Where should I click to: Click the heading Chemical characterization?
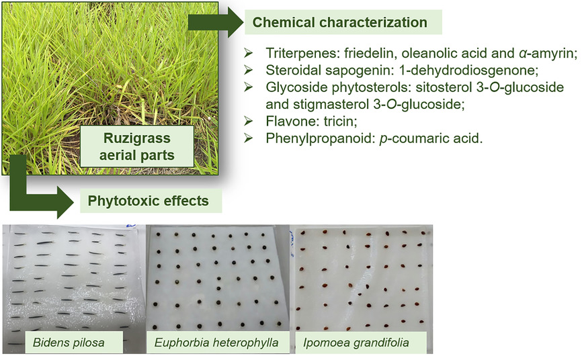[x=339, y=22]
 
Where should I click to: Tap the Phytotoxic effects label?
[x=148, y=201]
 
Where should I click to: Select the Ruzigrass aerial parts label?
[x=137, y=146]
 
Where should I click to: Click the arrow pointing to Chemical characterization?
[x=216, y=23]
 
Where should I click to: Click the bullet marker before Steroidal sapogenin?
[x=248, y=70]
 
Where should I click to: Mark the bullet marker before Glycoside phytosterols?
[x=248, y=87]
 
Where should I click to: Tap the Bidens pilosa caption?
[x=69, y=342]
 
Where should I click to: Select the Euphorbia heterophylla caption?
[x=216, y=342]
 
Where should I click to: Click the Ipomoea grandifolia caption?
[x=356, y=342]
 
